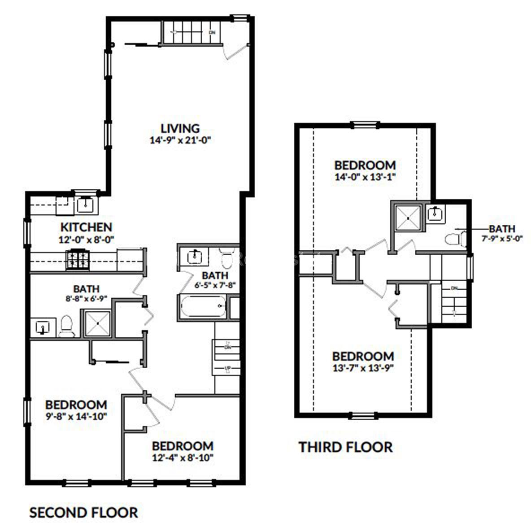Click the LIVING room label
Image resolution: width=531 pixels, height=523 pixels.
[180, 129]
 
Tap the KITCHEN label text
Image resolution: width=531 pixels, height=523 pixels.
[87, 227]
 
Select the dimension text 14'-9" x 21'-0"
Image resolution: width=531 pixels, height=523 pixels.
[180, 140]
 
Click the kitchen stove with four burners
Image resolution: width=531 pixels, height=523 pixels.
[78, 260]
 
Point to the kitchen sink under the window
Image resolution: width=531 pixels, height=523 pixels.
[85, 205]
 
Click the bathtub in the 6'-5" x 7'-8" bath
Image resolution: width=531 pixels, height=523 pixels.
[203, 307]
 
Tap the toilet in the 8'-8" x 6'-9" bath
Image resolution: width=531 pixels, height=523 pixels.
[67, 326]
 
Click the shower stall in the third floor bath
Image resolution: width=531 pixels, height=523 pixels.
[408, 218]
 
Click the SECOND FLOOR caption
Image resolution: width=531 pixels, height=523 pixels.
[83, 512]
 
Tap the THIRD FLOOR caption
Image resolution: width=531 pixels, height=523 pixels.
[345, 447]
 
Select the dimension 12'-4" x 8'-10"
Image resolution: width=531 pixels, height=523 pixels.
[182, 458]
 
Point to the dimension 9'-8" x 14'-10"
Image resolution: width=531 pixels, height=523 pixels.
[76, 416]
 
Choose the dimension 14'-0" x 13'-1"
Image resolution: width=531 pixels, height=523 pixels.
[365, 177]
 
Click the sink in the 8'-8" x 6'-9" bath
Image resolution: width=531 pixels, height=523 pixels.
[43, 327]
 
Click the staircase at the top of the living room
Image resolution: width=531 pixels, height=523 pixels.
[192, 33]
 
